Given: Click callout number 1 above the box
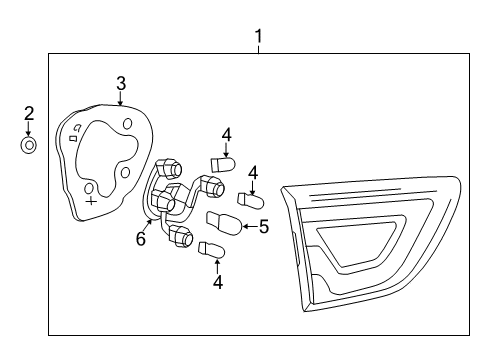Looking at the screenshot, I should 258,37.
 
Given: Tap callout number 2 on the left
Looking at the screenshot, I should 29,113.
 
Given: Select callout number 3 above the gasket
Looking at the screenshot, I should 120,83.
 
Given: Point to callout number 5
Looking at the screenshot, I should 264,227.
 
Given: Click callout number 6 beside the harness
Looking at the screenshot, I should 141,238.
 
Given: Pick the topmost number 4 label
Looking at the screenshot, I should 227,133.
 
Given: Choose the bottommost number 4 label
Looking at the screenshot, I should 216,283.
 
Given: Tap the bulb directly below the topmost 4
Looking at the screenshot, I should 223,162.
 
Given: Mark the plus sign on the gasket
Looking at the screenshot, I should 91,201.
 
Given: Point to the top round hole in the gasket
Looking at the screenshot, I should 128,123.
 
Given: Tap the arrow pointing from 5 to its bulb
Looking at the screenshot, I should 247,226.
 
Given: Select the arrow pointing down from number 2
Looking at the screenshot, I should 29,129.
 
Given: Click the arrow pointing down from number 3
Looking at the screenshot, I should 120,98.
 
